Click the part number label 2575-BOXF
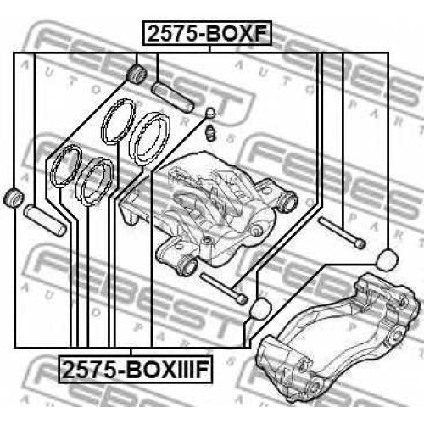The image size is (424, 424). tap(208, 33)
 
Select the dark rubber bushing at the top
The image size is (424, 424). tap(137, 74)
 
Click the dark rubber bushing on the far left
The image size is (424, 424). tap(14, 197)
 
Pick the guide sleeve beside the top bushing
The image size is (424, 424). tap(173, 97)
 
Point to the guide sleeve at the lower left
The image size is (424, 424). tap(45, 220)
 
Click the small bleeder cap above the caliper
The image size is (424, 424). tap(211, 113)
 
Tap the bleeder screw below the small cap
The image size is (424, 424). tap(211, 131)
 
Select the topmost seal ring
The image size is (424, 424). tap(118, 120)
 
